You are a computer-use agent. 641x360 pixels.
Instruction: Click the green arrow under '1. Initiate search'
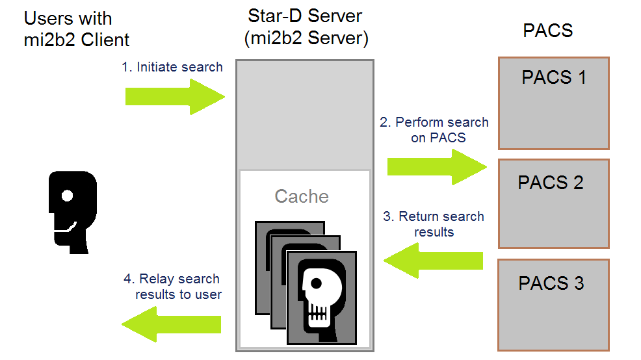pos(174,97)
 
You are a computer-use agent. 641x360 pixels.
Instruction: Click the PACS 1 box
pos(553,103)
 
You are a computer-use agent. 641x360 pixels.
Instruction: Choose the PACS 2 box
pos(553,203)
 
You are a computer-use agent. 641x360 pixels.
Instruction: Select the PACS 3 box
pos(553,304)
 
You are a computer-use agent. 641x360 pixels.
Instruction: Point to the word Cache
pos(302,196)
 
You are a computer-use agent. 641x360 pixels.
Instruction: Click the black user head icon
pos(72,211)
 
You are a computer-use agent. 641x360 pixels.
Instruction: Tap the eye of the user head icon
pos(66,194)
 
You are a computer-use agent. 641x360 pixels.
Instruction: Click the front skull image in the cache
pos(322,297)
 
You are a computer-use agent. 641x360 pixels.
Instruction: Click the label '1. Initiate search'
pos(172,67)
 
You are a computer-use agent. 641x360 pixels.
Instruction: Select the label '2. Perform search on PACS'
pos(434,129)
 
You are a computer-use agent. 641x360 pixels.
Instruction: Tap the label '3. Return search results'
pos(434,224)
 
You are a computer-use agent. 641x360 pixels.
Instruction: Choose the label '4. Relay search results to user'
pos(172,287)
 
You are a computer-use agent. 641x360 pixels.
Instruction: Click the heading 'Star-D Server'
pos(306,16)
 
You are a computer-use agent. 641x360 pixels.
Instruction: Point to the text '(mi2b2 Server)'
pos(306,39)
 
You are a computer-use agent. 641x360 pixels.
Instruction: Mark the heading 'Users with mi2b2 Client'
pos(77,29)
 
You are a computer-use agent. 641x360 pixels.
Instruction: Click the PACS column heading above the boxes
pos(547,30)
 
